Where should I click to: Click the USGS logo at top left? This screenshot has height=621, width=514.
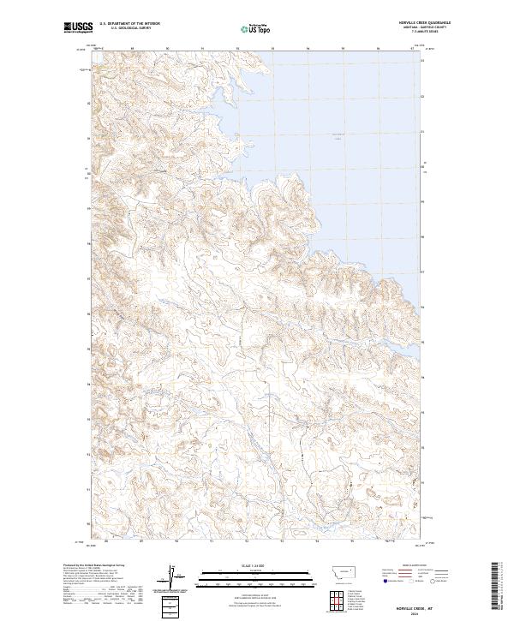point(75,27)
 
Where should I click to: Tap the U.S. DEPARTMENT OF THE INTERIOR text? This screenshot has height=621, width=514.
point(129,24)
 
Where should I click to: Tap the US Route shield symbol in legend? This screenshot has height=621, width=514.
point(406,581)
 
